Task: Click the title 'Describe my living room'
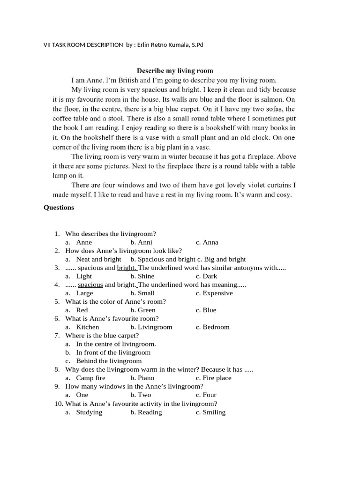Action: tap(175, 71)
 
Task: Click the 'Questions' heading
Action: tap(59, 208)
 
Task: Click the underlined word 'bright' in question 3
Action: tap(126, 268)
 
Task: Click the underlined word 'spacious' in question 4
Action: tap(90, 285)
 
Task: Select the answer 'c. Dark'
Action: tap(206, 276)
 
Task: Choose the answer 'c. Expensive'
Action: tap(214, 293)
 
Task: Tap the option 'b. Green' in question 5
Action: tap(143, 310)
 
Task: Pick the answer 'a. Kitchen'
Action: tap(82, 327)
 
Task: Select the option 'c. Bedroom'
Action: tap(212, 327)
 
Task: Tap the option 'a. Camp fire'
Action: tap(85, 378)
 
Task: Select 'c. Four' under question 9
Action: tap(206, 395)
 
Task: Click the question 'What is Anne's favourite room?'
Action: tap(112, 318)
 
